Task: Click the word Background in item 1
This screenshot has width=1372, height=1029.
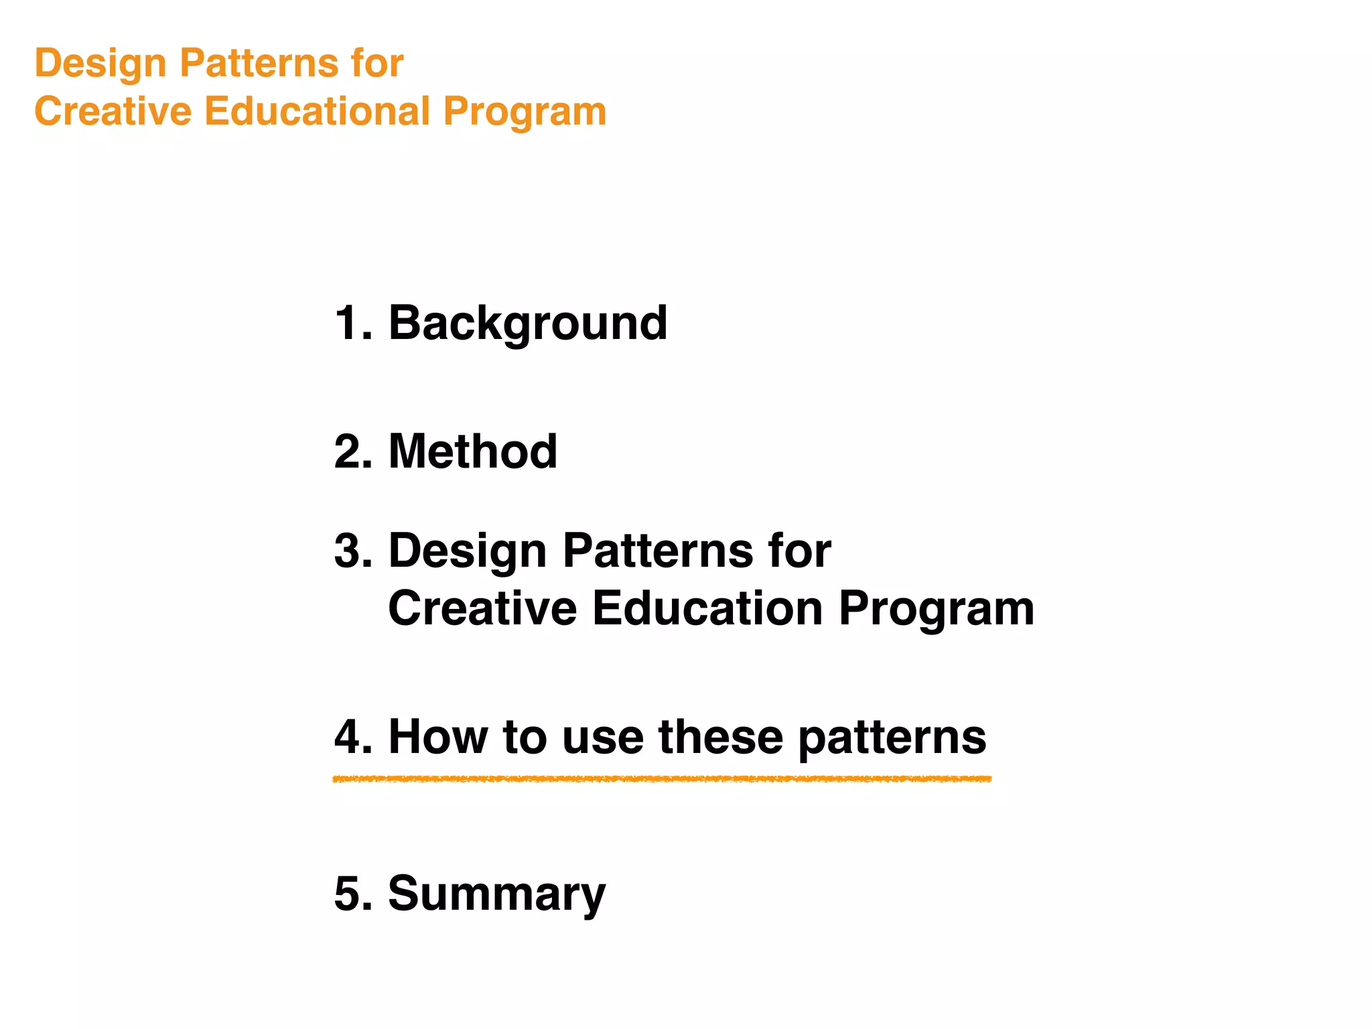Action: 527,324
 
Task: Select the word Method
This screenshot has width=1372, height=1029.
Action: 472,452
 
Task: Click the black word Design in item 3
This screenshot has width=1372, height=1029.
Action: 467,551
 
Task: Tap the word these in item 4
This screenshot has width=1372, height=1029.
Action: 720,737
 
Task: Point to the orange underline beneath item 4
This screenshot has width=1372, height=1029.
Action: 662,779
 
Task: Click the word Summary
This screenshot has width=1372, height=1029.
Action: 496,895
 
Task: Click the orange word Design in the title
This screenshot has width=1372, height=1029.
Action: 100,64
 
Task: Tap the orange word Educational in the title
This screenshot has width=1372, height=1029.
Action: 316,111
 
